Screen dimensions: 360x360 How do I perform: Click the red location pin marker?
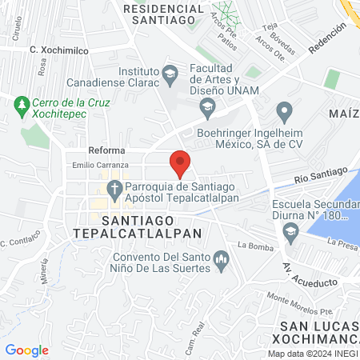[180, 162]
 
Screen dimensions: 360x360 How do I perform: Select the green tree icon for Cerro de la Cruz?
[22, 103]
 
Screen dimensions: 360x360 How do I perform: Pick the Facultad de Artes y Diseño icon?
[207, 107]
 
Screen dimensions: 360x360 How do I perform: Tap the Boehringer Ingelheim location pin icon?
[282, 109]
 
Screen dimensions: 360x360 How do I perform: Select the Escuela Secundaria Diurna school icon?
[290, 233]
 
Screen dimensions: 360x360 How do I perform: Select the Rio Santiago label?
[320, 174]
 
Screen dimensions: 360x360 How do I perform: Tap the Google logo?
[26, 350]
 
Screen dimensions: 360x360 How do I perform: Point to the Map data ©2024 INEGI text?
[312, 354]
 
